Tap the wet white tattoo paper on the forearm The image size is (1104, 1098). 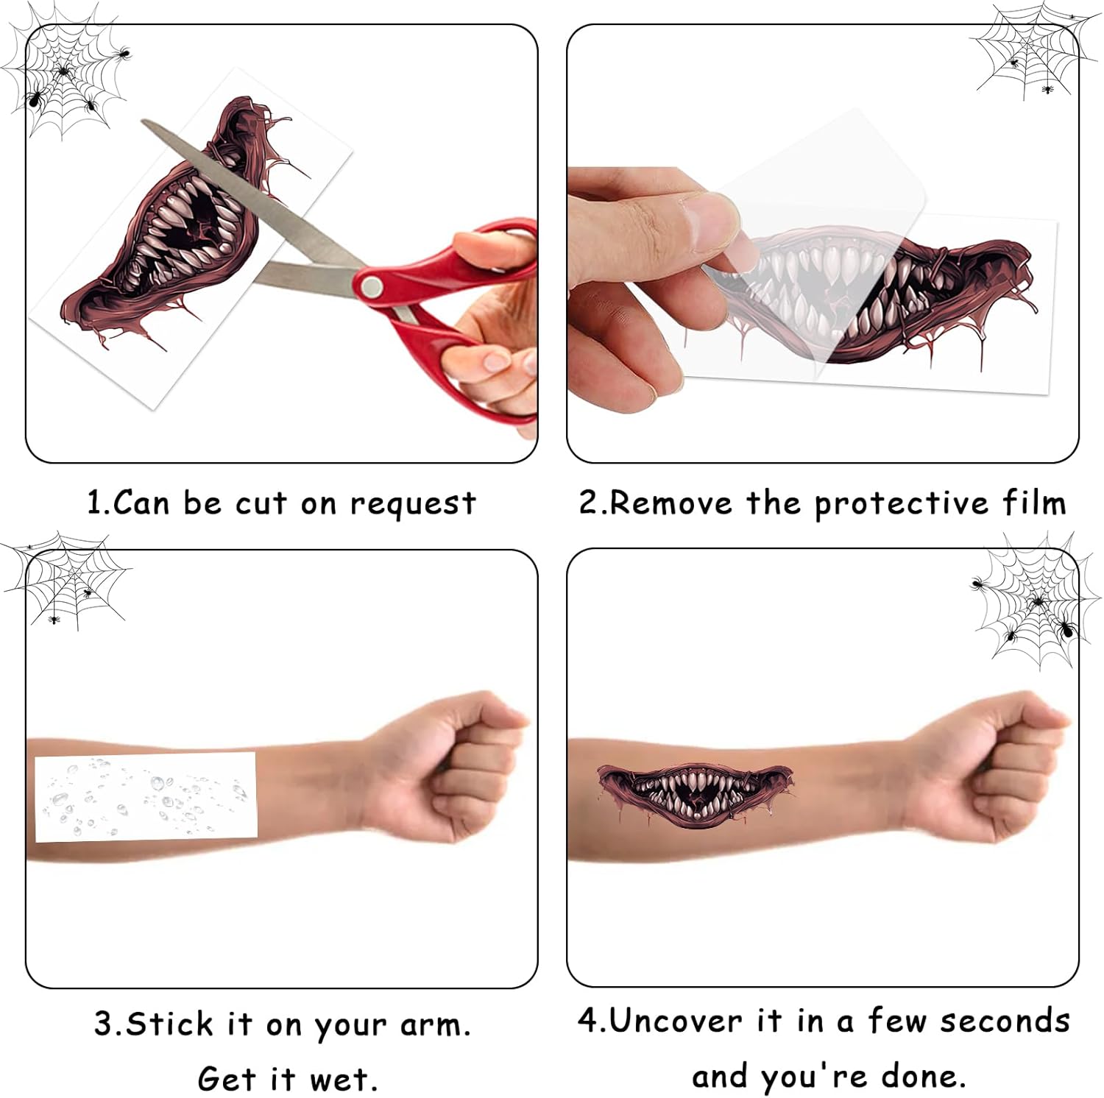pyautogui.click(x=146, y=796)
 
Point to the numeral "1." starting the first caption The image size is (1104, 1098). pyautogui.click(x=99, y=503)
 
